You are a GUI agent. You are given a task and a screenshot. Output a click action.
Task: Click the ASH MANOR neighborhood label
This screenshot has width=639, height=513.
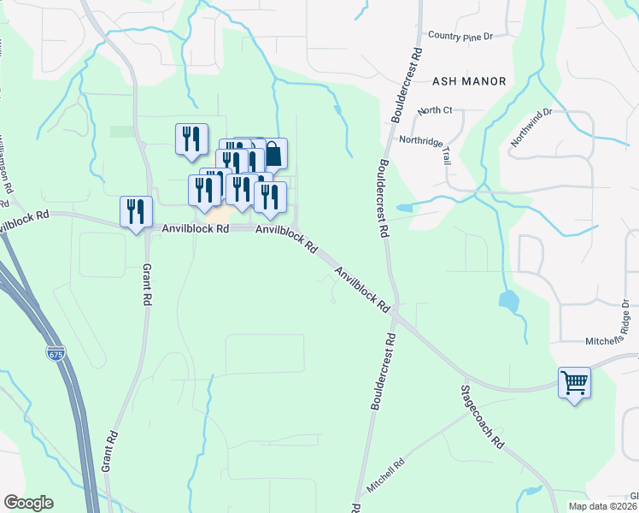point(469,80)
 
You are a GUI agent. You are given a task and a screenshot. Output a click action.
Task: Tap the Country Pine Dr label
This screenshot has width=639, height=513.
point(461,36)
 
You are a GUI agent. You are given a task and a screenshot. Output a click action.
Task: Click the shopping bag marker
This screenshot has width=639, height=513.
point(273,154)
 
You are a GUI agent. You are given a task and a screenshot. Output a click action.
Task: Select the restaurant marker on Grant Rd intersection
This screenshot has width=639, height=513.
point(136,210)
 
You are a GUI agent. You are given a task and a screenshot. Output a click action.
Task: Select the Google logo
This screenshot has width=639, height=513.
point(29,503)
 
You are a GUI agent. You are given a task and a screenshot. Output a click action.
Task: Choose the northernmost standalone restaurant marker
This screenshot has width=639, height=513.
point(191,139)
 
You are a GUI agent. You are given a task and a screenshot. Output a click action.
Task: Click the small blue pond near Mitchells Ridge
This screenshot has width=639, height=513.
point(508,300)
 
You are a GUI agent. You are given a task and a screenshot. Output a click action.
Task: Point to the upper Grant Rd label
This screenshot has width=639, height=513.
point(147,285)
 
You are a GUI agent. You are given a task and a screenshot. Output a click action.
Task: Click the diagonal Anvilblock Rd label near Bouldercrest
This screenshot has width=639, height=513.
point(362,289)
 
